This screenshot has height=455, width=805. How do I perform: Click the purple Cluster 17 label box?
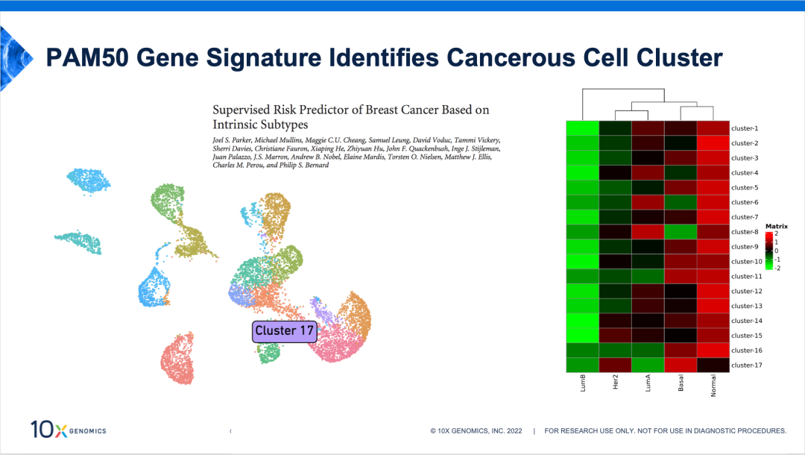tap(285, 331)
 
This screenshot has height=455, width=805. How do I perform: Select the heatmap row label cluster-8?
tap(745, 232)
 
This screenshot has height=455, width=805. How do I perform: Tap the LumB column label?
tap(583, 383)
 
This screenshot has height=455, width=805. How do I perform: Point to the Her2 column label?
tap(615, 382)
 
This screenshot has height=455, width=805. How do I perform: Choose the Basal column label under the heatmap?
tap(681, 383)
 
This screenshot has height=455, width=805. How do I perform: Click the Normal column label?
tap(713, 385)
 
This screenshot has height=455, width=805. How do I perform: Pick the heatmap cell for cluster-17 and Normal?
tap(713, 365)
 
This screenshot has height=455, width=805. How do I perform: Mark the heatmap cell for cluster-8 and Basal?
tap(681, 232)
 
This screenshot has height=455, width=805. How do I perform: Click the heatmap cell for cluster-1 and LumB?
tap(583, 128)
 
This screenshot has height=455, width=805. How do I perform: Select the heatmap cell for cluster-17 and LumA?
tap(648, 365)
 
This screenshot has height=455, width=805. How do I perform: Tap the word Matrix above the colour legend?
tap(776, 226)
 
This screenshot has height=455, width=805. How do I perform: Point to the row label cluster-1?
tap(745, 128)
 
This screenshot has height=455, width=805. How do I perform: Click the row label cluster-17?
tap(746, 365)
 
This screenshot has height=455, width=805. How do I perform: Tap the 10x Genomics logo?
tap(69, 430)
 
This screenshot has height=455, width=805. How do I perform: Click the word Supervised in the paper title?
tap(241, 110)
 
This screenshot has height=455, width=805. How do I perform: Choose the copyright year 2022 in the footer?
tap(514, 431)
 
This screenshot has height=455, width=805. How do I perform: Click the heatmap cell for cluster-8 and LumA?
tap(648, 232)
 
